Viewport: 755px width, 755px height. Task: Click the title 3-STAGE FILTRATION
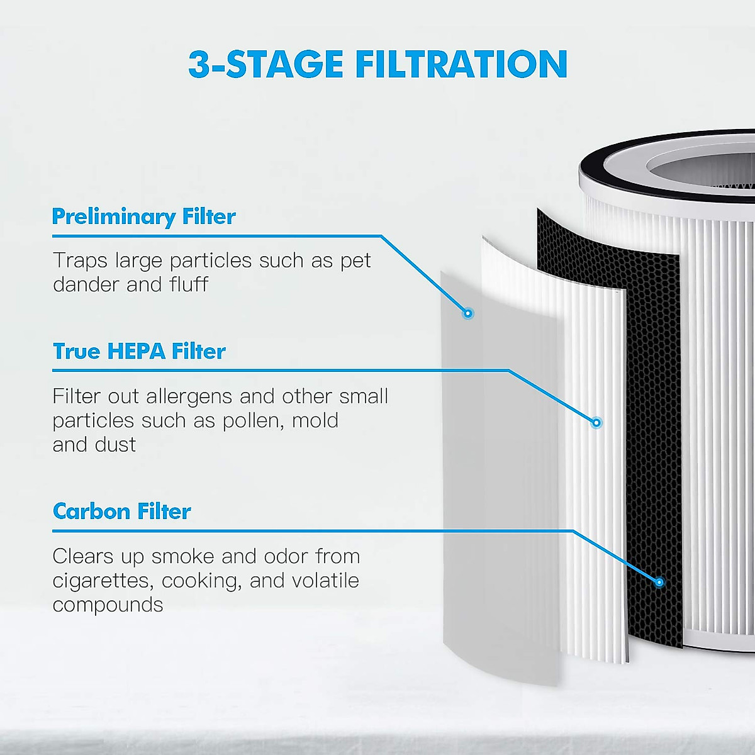pos(377,64)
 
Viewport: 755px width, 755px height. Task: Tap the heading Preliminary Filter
pos(143,216)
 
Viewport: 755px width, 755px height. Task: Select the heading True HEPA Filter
pos(139,351)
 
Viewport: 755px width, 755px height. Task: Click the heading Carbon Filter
pos(121,511)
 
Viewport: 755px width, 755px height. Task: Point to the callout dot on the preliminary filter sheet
pos(467,313)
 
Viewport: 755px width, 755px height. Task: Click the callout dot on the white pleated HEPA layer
pos(596,422)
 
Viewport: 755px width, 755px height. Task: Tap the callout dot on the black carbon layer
pos(659,583)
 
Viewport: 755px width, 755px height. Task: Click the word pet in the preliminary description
pos(355,260)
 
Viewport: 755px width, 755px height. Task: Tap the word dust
pos(116,445)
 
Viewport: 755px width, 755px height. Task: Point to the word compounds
pos(108,605)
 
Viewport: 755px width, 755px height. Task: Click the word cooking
pos(201,581)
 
